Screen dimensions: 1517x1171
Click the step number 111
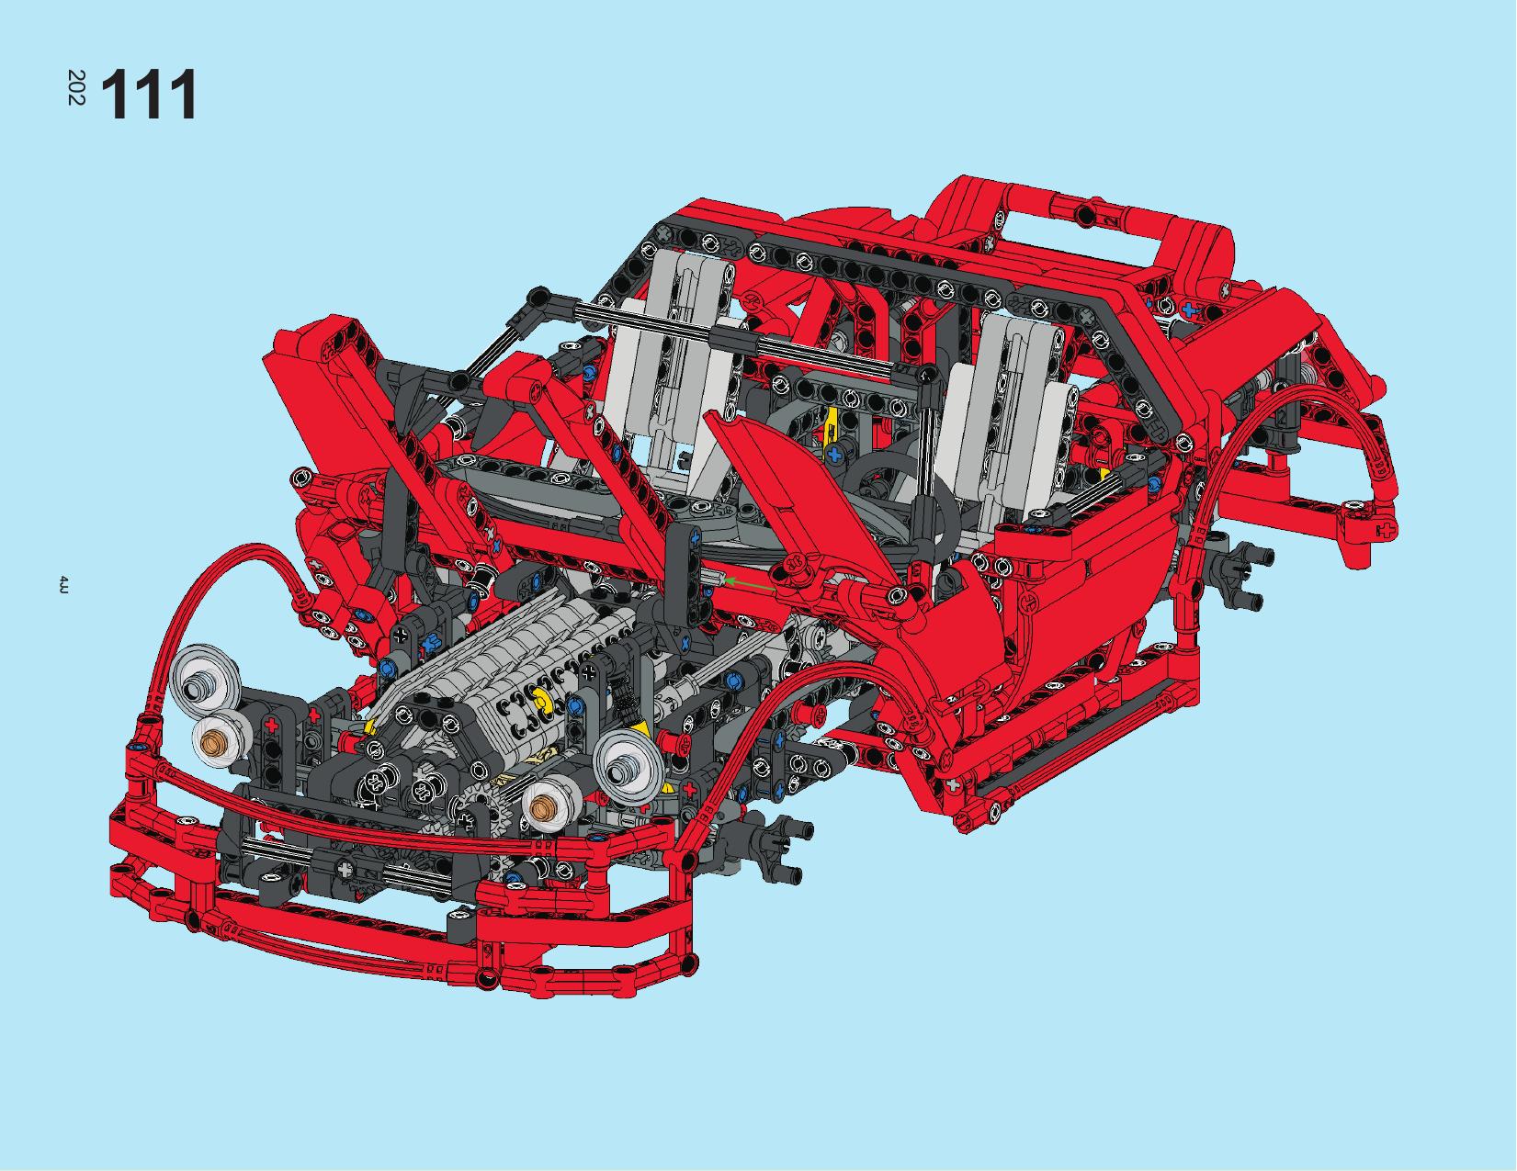[149, 95]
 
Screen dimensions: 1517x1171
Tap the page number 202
[76, 87]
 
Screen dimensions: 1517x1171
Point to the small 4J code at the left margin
[62, 585]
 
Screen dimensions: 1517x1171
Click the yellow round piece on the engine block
[538, 697]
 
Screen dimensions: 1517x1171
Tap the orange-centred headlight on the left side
[217, 742]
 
